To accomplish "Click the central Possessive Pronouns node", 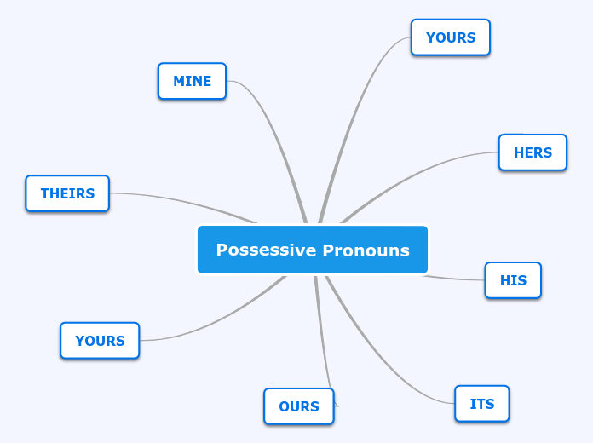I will coord(313,250).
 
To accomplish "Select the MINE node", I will coord(192,81).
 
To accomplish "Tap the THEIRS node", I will coord(67,193).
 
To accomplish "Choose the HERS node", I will coord(533,152).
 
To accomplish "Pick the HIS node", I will coord(513,280).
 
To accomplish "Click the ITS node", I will coord(481,404).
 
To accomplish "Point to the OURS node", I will coord(298,406).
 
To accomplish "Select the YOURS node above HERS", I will coord(450,37).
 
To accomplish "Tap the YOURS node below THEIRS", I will coord(100,341).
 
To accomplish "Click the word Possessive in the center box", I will coord(264,250).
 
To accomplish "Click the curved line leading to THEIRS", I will coord(187,201).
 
